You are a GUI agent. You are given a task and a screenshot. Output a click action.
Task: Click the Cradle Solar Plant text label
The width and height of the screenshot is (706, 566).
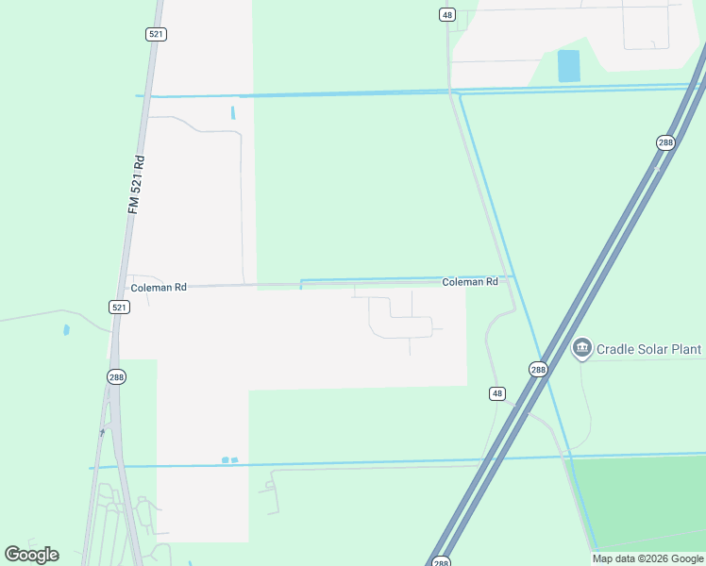648,349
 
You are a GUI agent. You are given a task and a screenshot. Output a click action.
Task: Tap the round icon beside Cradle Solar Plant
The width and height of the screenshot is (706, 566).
581,349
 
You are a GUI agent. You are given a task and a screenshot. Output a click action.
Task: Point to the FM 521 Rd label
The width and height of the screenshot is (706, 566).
136,184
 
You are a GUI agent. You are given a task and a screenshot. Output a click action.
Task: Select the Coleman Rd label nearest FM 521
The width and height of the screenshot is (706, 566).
159,287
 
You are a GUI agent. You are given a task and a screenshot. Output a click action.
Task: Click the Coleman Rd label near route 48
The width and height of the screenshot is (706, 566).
470,282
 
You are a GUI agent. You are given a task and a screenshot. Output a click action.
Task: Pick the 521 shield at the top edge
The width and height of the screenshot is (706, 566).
157,34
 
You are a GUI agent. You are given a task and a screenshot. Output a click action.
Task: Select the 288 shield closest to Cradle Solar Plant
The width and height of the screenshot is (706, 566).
537,370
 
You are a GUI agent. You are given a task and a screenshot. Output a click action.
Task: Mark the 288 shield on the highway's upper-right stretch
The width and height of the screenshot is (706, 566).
665,142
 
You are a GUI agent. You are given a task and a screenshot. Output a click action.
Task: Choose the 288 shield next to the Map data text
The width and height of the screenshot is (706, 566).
441,561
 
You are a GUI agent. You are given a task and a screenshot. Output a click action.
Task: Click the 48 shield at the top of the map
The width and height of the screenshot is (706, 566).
447,14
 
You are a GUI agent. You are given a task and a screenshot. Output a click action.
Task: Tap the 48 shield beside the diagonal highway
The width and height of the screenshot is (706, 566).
497,392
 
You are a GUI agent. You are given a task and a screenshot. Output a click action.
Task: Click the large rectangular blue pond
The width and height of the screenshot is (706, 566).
568,66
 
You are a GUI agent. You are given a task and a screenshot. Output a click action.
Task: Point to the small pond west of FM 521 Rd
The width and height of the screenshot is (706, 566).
66,330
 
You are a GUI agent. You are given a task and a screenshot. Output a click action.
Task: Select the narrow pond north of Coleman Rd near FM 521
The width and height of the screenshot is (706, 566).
232,113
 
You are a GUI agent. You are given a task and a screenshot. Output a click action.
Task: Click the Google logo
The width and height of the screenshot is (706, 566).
31,555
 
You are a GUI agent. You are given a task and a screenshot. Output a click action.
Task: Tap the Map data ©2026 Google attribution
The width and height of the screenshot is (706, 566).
647,558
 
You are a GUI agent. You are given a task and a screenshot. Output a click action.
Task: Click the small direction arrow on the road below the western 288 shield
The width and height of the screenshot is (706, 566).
103,433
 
